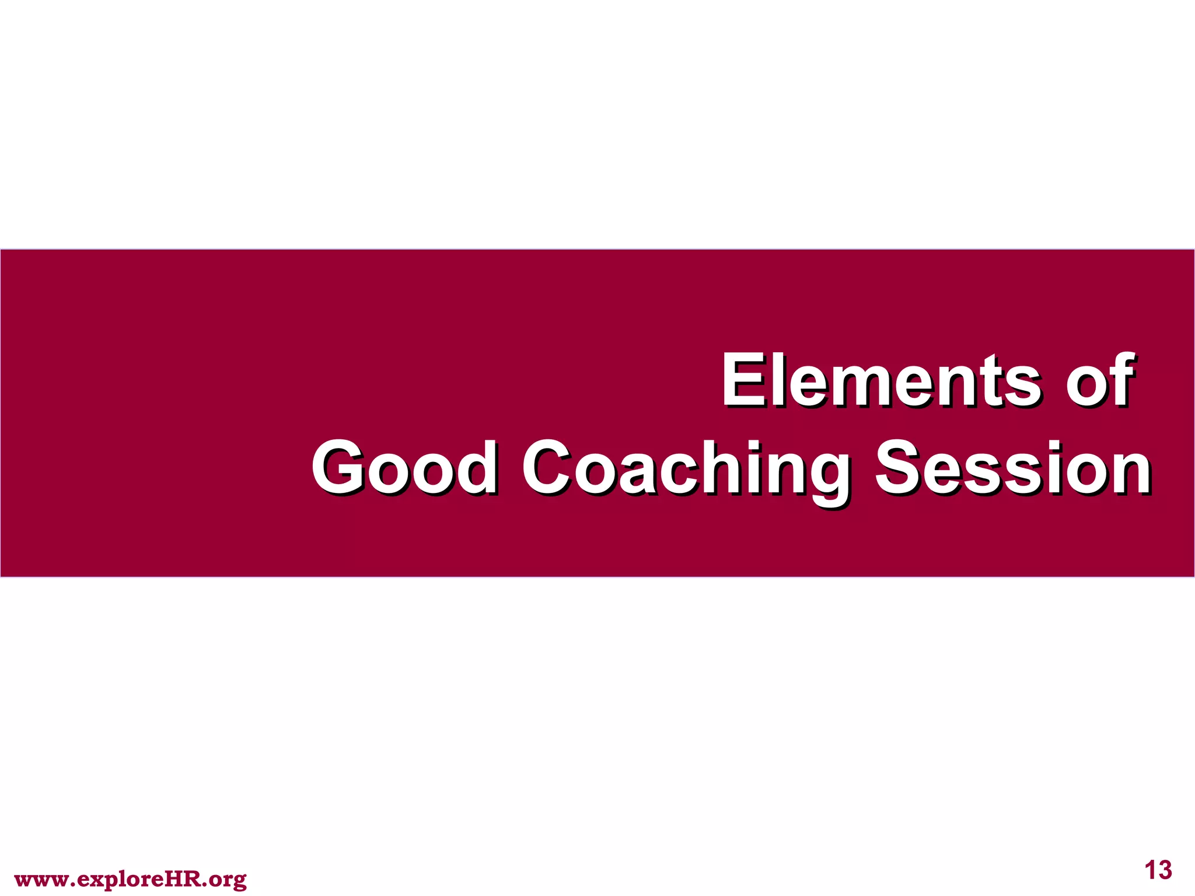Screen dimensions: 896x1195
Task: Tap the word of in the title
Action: [1099, 380]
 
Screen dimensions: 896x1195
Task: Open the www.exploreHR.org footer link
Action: [130, 879]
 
